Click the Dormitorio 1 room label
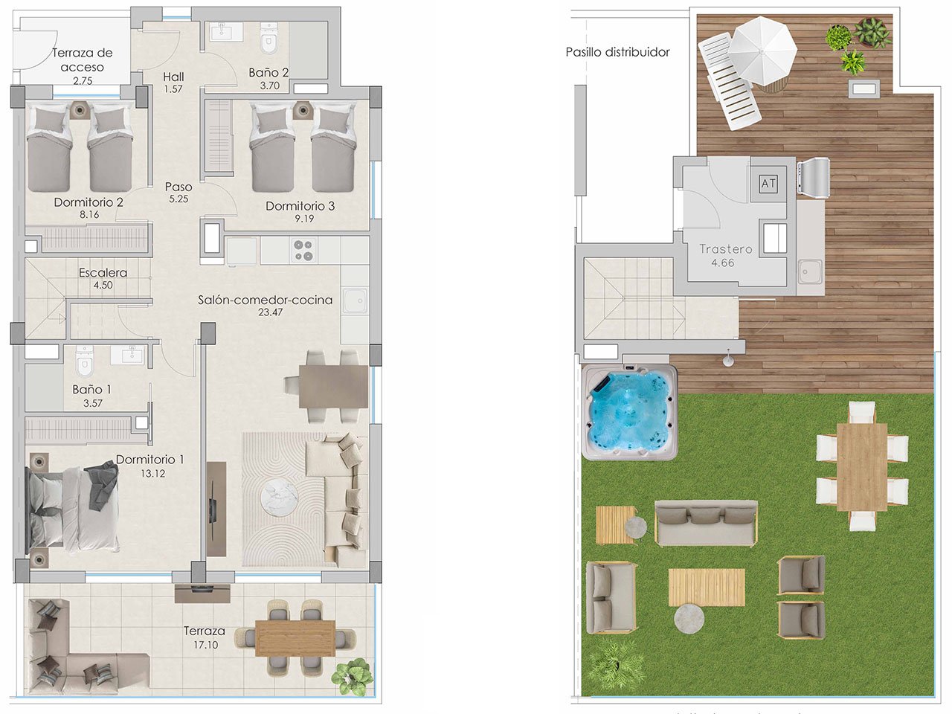(149, 460)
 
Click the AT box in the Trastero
(768, 183)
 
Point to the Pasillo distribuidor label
(617, 52)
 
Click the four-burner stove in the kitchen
(303, 250)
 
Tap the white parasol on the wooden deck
(762, 48)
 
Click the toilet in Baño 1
(85, 361)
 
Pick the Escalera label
(103, 273)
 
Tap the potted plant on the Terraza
(352, 675)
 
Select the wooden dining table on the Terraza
(295, 637)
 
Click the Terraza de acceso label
(82, 59)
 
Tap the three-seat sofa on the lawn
(706, 522)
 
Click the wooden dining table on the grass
(862, 466)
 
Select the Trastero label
(725, 249)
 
